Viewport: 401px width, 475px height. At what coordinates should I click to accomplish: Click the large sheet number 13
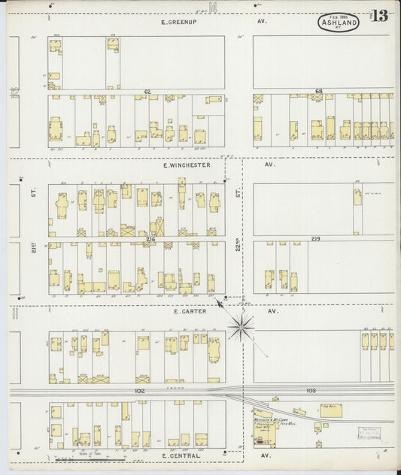click(x=379, y=17)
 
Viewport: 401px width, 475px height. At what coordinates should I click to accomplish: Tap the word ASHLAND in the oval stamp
click(x=333, y=23)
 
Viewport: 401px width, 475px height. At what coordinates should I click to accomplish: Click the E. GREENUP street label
click(x=178, y=23)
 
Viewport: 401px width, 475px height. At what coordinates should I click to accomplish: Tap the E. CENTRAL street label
click(x=181, y=455)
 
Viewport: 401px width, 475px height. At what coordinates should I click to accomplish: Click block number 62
click(x=147, y=92)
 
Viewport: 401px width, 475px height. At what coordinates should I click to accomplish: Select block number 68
click(x=318, y=92)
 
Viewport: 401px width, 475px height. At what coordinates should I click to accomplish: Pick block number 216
click(x=150, y=239)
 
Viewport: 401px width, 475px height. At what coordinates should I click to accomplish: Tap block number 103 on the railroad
click(x=311, y=391)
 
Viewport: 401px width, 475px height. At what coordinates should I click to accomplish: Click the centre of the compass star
click(x=242, y=326)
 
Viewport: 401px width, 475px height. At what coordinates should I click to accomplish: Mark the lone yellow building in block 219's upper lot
click(x=357, y=197)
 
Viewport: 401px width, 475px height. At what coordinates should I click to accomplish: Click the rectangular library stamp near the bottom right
click(x=368, y=434)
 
